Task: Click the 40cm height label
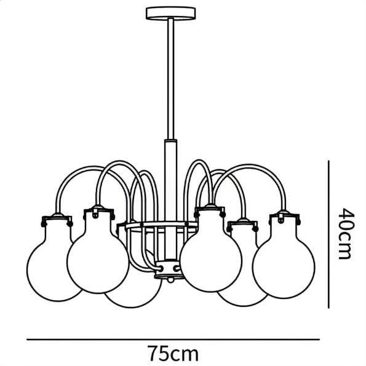tap(346, 233)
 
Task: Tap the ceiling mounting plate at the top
tap(170, 14)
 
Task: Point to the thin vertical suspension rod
tap(170, 79)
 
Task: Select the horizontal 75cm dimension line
tap(173, 340)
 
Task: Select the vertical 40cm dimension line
tap(328, 234)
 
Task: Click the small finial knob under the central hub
tap(170, 280)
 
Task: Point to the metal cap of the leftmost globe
tap(57, 220)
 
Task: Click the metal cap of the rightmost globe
tap(285, 217)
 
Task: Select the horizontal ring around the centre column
tap(161, 226)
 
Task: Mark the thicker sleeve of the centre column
tap(170, 199)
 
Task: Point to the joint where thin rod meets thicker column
tap(170, 141)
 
